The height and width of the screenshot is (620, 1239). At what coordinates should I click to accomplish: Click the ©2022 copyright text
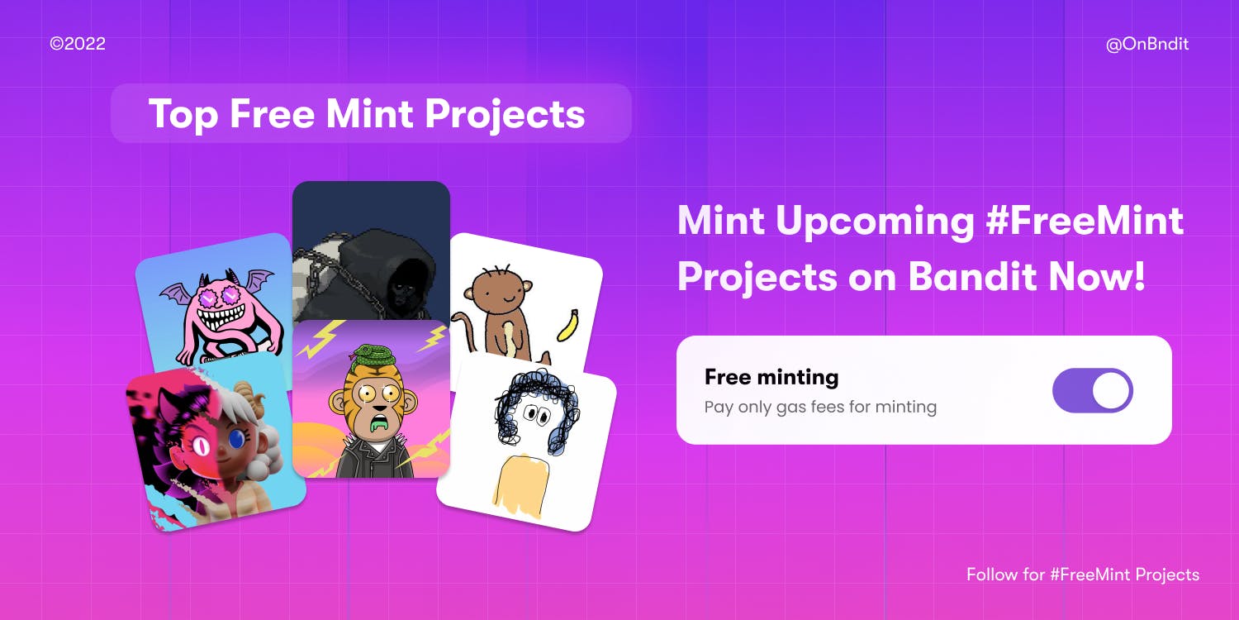78,44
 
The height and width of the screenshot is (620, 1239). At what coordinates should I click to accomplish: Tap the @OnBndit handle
1146,44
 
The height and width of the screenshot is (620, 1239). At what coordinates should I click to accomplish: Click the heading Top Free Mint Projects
367,113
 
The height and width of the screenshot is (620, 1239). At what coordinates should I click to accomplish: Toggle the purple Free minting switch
1092,391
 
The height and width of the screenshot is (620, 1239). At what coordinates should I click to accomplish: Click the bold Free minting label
771,378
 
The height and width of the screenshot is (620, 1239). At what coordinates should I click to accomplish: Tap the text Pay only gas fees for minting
819,407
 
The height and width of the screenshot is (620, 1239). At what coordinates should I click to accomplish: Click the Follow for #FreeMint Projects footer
1082,574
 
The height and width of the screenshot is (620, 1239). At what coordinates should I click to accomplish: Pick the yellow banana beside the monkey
567,325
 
